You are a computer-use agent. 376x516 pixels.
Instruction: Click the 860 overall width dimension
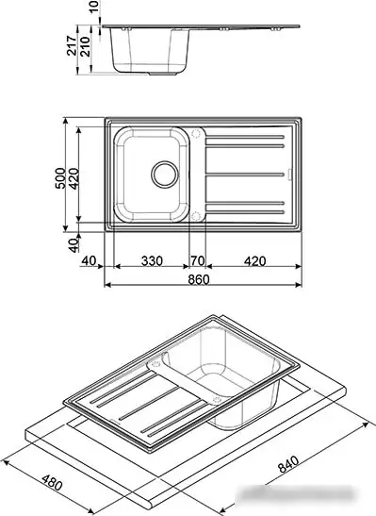(197, 279)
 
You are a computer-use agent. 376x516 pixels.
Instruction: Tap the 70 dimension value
(197, 260)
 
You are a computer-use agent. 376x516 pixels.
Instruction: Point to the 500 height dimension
(59, 176)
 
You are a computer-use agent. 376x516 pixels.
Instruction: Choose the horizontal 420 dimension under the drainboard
(250, 260)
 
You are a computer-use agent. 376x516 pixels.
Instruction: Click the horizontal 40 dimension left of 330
(90, 260)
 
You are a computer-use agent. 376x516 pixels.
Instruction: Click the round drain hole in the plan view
(164, 174)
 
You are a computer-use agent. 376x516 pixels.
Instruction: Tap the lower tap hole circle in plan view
(196, 216)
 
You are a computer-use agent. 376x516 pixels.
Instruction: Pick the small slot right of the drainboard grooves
(289, 175)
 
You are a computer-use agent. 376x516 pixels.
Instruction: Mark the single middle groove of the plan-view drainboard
(244, 175)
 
